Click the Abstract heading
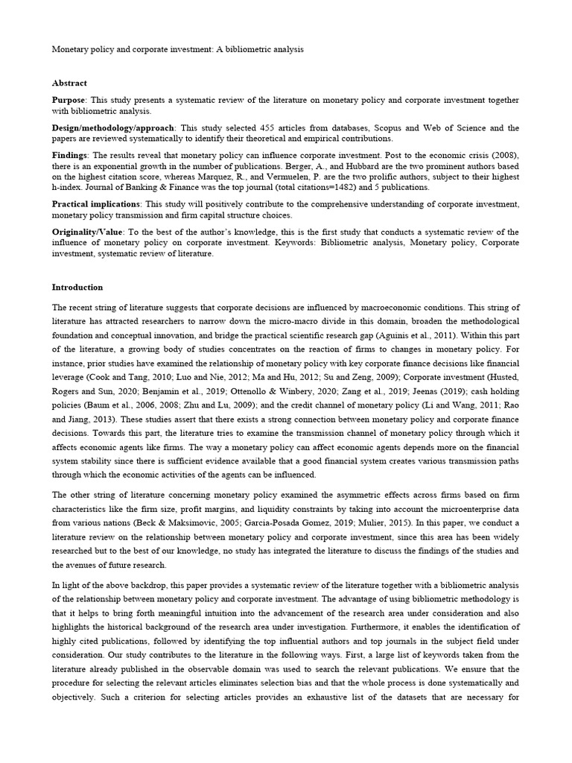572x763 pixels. tap(69, 83)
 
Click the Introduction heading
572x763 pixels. tap(77, 287)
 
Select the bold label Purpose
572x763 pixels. tap(69, 100)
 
